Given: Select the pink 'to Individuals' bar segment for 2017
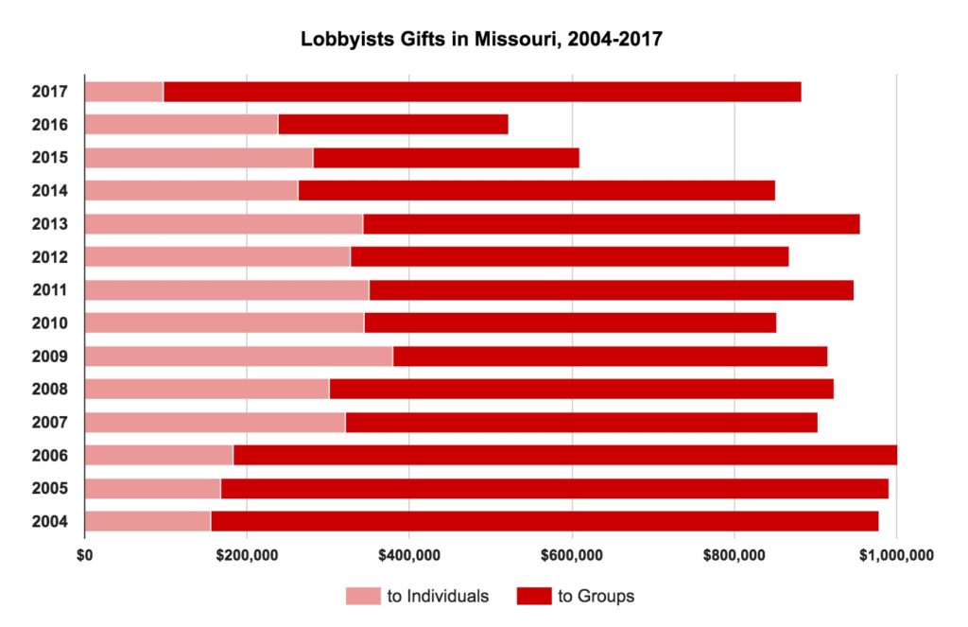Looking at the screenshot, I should click(x=124, y=92).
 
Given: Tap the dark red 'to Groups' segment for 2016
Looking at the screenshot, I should click(x=392, y=124).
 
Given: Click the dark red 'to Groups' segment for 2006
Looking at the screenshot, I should click(x=564, y=455).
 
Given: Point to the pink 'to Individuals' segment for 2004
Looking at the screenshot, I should click(x=147, y=521).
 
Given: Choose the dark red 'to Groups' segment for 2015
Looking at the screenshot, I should click(x=445, y=157).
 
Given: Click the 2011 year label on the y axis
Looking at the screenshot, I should click(x=49, y=290).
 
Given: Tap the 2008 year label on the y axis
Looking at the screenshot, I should click(x=49, y=390).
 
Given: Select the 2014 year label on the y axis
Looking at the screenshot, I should click(x=49, y=191).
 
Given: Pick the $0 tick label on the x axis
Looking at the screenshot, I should click(x=84, y=554).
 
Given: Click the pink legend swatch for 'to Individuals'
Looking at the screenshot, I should click(x=362, y=596).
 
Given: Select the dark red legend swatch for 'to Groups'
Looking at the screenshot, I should click(x=533, y=596).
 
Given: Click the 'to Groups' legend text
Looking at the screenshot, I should click(x=596, y=596).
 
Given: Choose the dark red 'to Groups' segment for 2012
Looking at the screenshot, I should click(x=569, y=257).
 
